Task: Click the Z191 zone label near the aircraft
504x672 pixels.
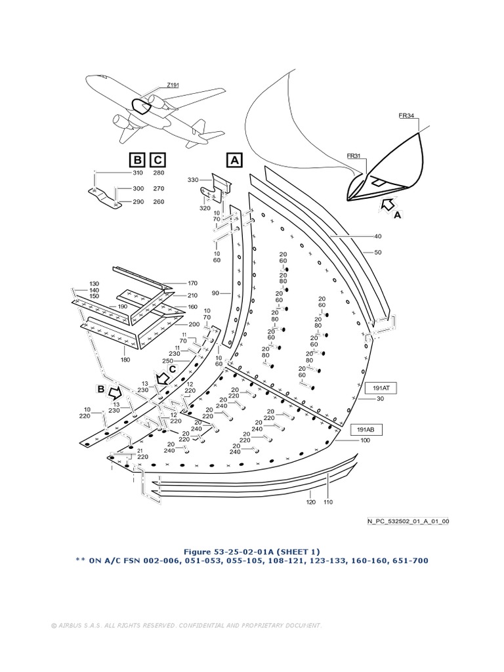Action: pos(173,85)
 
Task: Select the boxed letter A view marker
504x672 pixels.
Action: pos(234,159)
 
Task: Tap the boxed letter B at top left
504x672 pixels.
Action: pos(137,159)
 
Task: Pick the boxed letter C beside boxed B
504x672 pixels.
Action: pos(157,159)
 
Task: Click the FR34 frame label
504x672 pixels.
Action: pos(406,115)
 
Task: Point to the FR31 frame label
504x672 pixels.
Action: pos(354,156)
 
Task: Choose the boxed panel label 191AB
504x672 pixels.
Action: pos(366,429)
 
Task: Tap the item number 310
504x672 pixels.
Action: pos(138,173)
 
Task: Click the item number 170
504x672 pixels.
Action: pos(174,283)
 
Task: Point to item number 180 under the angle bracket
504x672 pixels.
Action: pos(125,360)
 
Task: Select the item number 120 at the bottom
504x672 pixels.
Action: pos(310,502)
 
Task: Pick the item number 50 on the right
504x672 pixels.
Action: pos(377,253)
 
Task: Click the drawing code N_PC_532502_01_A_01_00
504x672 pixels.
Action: pos(408,522)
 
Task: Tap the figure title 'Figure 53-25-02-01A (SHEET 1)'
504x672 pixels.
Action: pos(252,551)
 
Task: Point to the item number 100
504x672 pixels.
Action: pos(364,441)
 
